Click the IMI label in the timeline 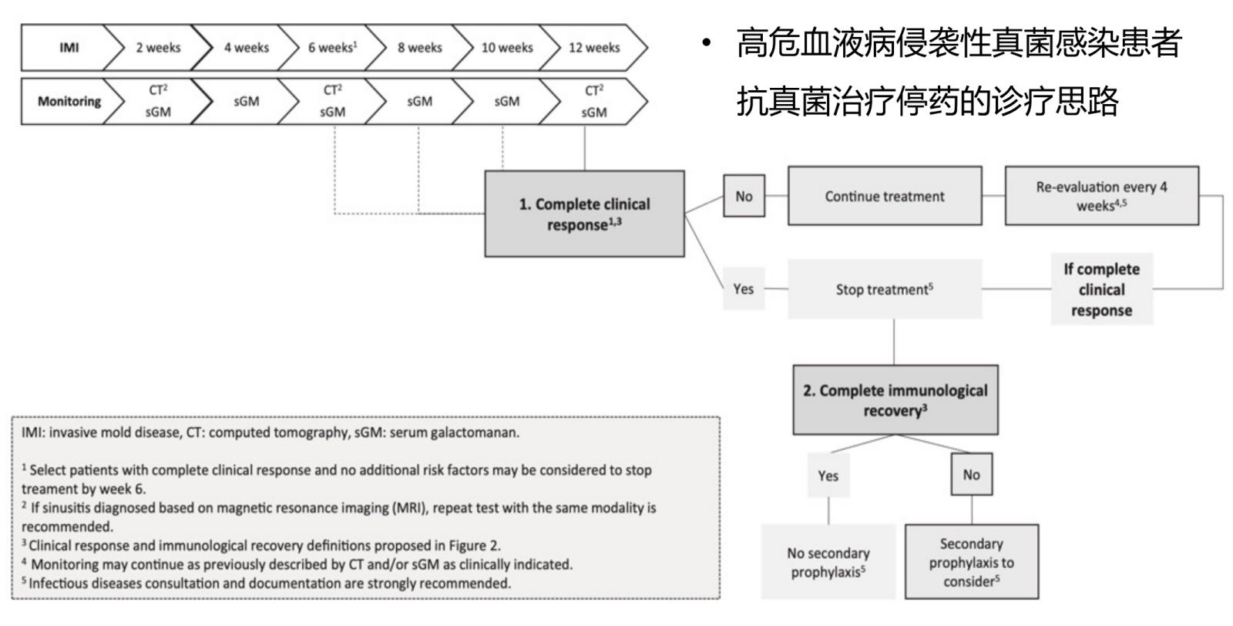point(69,48)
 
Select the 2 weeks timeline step point(158,48)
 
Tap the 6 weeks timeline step point(332,48)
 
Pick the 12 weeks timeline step point(594,48)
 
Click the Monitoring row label point(69,101)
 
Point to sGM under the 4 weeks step point(246,101)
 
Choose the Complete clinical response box point(584,214)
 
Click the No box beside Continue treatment point(744,197)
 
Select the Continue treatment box point(885,197)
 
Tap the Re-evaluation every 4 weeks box point(1101,197)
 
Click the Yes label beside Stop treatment point(744,289)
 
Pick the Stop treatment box point(885,290)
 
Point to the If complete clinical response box point(1101,290)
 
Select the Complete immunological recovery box point(895,400)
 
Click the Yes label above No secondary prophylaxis point(828,476)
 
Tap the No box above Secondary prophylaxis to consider point(971,475)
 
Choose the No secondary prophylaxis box point(828,562)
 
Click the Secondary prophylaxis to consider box point(971,562)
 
